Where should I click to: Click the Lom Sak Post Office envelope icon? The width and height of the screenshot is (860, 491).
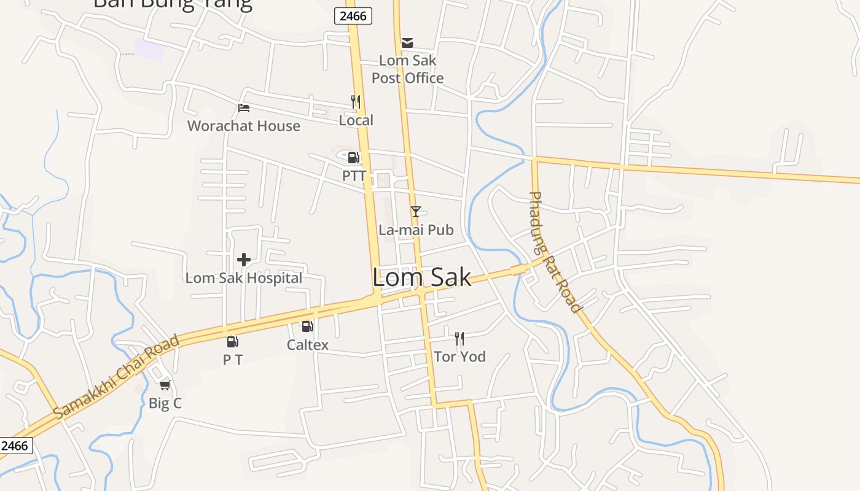407,43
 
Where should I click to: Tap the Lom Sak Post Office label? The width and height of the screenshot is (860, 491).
407,69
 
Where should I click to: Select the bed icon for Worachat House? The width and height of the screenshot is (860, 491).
244,109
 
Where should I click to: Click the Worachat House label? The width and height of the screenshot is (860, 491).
244,126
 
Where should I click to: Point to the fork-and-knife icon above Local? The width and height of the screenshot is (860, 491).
356,101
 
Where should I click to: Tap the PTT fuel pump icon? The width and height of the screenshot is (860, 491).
353,158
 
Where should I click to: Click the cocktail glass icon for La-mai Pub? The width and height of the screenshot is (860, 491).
416,212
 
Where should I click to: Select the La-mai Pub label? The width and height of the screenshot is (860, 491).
416,230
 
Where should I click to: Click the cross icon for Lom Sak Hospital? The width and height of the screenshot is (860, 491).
244,260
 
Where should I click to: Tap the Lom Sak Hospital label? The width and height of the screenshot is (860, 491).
244,278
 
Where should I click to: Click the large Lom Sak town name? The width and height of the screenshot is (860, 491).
422,277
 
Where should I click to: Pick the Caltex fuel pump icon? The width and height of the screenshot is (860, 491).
307,327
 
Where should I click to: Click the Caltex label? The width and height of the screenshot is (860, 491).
308,345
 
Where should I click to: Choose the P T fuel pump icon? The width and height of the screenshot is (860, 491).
232,342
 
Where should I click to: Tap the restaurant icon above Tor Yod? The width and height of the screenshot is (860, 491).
459,338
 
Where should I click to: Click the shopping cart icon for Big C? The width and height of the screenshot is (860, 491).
165,385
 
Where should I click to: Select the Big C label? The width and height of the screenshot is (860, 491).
165,403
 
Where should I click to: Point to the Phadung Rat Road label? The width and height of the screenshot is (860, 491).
554,252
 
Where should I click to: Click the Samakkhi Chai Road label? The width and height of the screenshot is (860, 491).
117,377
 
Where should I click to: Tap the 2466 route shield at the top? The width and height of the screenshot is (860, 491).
354,16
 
